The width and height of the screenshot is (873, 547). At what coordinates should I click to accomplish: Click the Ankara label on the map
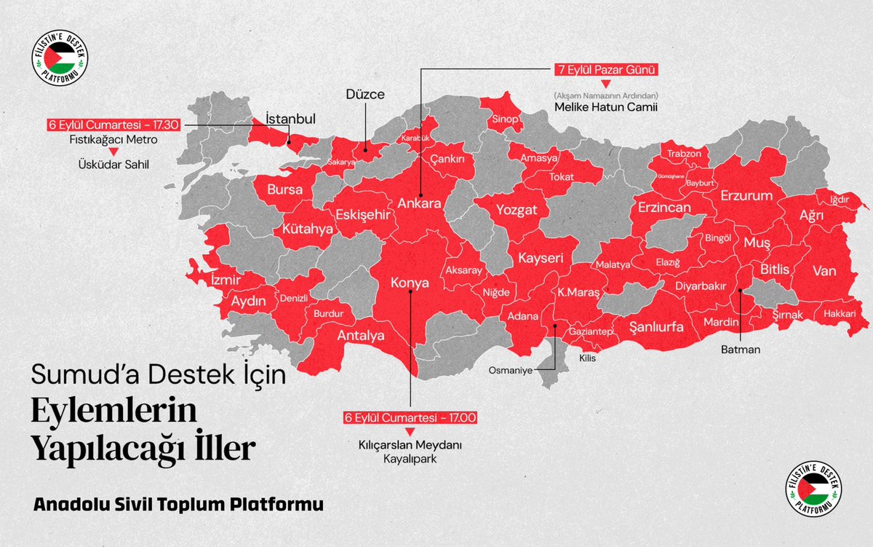tap(418, 204)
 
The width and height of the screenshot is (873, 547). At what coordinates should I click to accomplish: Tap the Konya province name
tap(410, 283)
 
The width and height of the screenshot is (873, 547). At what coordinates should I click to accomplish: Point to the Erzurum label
tap(746, 196)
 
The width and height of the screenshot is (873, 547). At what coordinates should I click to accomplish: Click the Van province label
tap(824, 271)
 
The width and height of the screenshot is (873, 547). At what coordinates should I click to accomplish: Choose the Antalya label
tap(360, 336)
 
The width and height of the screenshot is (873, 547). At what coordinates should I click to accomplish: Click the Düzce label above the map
tap(364, 94)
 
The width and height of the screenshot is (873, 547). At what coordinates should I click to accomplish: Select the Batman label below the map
tap(741, 350)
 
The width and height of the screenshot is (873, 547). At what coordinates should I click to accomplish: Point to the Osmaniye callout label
tap(510, 369)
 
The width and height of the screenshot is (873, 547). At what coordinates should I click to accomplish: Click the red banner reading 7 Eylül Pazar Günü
tap(604, 71)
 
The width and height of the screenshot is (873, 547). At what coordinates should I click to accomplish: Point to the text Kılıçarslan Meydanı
tap(410, 444)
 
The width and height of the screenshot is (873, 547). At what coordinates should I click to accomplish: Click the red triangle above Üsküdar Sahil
tap(113, 151)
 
